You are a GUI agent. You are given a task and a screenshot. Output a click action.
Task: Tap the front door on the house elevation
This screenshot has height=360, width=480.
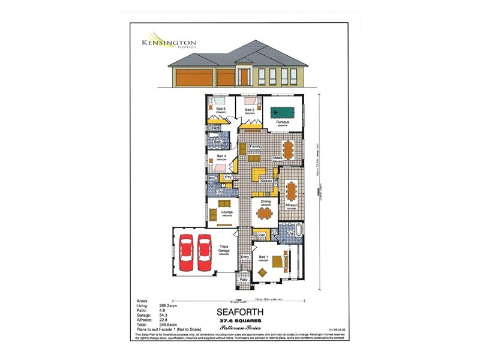244,77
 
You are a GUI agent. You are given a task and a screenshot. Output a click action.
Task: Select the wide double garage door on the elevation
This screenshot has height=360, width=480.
194,77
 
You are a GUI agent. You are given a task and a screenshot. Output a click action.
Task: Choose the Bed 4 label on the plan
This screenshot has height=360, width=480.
221,156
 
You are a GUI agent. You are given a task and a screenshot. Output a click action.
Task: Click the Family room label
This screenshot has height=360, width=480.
254,146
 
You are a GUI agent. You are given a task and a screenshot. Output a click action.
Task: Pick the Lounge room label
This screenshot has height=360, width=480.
227,212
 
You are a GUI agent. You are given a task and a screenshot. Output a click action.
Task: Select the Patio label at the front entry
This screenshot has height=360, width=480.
244,280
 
